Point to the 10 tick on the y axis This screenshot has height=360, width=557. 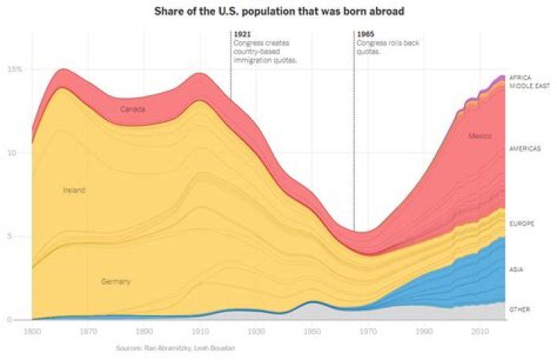[x=11, y=153]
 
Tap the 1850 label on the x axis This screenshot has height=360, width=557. [x=32, y=331]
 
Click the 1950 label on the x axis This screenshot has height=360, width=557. [x=311, y=331]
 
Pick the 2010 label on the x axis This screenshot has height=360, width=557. [x=479, y=331]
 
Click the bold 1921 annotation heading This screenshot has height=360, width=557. [x=242, y=34]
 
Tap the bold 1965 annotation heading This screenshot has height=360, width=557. [x=365, y=34]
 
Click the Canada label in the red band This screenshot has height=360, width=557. [x=132, y=109]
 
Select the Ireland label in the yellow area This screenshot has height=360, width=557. [x=73, y=190]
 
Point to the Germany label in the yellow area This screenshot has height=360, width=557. [x=115, y=282]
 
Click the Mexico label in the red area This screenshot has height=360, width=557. [x=480, y=136]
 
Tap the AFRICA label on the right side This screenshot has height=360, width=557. [x=520, y=77]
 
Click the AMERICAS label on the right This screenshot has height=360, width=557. [x=525, y=148]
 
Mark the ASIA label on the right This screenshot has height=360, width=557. [x=516, y=269]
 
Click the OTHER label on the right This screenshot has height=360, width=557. [x=518, y=310]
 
